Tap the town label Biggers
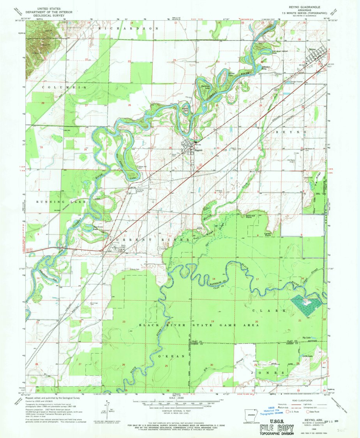pyautogui.click(x=191, y=149)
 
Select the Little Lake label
pyautogui.click(x=308, y=356)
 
